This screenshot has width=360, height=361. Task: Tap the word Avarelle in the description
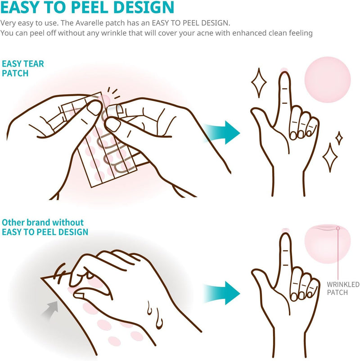(x=89, y=23)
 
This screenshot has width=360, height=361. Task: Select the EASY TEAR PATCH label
(x=22, y=68)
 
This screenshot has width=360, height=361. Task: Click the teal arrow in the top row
(x=222, y=132)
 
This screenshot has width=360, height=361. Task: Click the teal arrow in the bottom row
(x=222, y=293)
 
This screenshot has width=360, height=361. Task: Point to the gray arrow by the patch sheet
(x=49, y=310)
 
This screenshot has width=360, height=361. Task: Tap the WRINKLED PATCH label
(x=343, y=288)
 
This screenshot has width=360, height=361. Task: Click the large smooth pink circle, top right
(x=327, y=79)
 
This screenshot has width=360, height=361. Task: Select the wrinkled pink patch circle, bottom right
(x=327, y=244)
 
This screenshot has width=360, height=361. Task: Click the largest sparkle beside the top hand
(x=259, y=82)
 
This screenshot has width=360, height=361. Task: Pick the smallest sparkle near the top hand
(x=339, y=138)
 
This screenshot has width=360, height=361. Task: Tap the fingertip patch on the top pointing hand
(x=284, y=70)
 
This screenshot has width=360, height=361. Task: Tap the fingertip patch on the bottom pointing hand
(x=285, y=230)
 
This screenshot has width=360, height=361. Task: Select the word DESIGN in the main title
(x=144, y=7)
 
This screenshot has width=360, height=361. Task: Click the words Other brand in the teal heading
(x=26, y=222)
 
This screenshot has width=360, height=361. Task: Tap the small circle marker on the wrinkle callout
(x=337, y=228)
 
